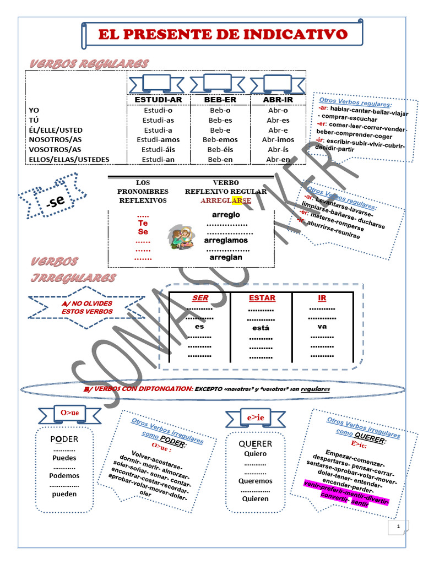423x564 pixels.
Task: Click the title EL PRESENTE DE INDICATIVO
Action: point(223,35)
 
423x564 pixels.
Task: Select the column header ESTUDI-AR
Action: point(158,100)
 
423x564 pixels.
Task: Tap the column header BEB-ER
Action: point(220,100)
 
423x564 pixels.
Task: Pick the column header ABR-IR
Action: point(278,100)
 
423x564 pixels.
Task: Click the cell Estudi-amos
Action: point(158,140)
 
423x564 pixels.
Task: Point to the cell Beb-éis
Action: point(220,150)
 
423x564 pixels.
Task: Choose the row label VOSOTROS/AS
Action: point(55,150)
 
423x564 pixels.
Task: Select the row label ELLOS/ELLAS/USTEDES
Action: point(68,160)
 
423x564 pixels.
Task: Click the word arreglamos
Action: point(226,241)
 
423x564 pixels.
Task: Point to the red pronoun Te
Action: point(143,224)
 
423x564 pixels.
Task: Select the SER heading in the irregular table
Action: point(200,298)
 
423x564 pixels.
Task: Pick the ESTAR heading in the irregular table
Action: point(262,298)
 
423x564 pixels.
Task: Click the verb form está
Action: point(261,328)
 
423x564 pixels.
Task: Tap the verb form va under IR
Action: point(322,326)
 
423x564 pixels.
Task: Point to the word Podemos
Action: point(64,476)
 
